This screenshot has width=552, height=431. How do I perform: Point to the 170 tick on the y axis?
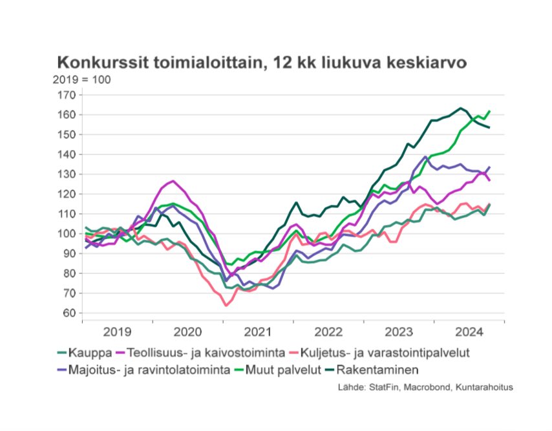(x=68, y=95)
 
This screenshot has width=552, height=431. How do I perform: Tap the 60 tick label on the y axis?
(x=70, y=313)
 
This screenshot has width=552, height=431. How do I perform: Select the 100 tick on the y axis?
(x=68, y=234)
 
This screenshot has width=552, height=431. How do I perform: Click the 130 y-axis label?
(x=68, y=174)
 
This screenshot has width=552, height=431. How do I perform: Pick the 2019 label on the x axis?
(x=117, y=332)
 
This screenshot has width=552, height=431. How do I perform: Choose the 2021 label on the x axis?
(x=258, y=332)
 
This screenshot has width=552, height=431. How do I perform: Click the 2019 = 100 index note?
(x=81, y=79)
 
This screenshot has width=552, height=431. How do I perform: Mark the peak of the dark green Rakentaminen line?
(x=460, y=108)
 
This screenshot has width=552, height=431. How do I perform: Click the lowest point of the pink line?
(x=226, y=305)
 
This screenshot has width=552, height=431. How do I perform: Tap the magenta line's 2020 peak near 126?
(x=173, y=181)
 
